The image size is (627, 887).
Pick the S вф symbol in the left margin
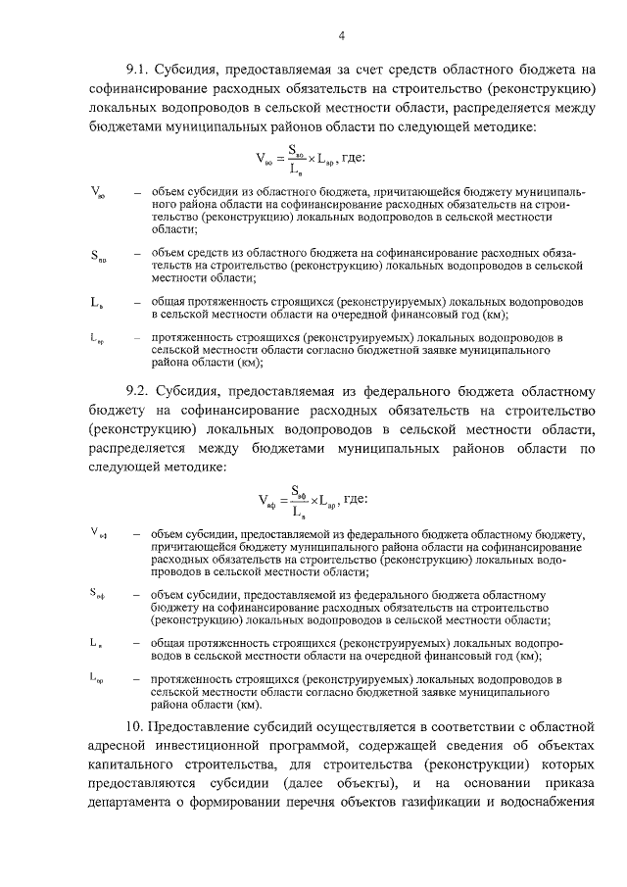[x=97, y=594]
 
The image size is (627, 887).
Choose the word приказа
[x=568, y=782]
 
